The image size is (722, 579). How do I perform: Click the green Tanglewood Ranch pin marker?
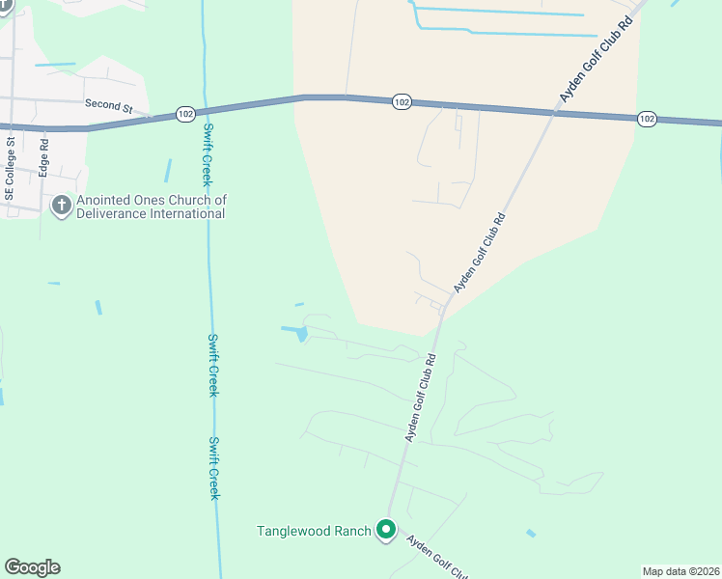pos(386,530)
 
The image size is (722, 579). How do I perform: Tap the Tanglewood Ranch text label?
pos(314,531)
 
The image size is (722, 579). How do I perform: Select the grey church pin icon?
pos(62,206)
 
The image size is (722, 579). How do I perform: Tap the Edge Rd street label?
pos(43,156)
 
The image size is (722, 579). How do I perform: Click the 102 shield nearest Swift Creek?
pos(186,114)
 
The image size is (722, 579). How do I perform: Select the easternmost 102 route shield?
pos(647,119)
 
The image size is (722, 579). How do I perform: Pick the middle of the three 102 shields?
pos(403,101)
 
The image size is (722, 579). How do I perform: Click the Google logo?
pos(32,567)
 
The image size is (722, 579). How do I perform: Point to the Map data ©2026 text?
pos(680,571)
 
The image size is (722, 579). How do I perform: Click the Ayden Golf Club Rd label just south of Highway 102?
pos(480,252)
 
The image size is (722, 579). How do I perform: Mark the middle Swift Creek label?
pos(213,365)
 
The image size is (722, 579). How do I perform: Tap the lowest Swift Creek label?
pos(214,468)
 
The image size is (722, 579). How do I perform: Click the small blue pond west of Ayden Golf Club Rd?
pos(301,334)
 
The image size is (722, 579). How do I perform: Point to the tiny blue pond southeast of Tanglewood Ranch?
pos(531,533)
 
